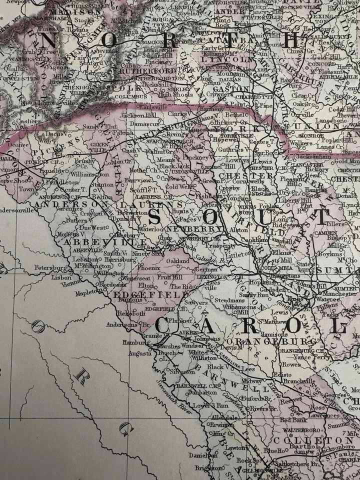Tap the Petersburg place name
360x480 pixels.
click(x=50, y=268)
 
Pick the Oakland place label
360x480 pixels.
click(x=177, y=261)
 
